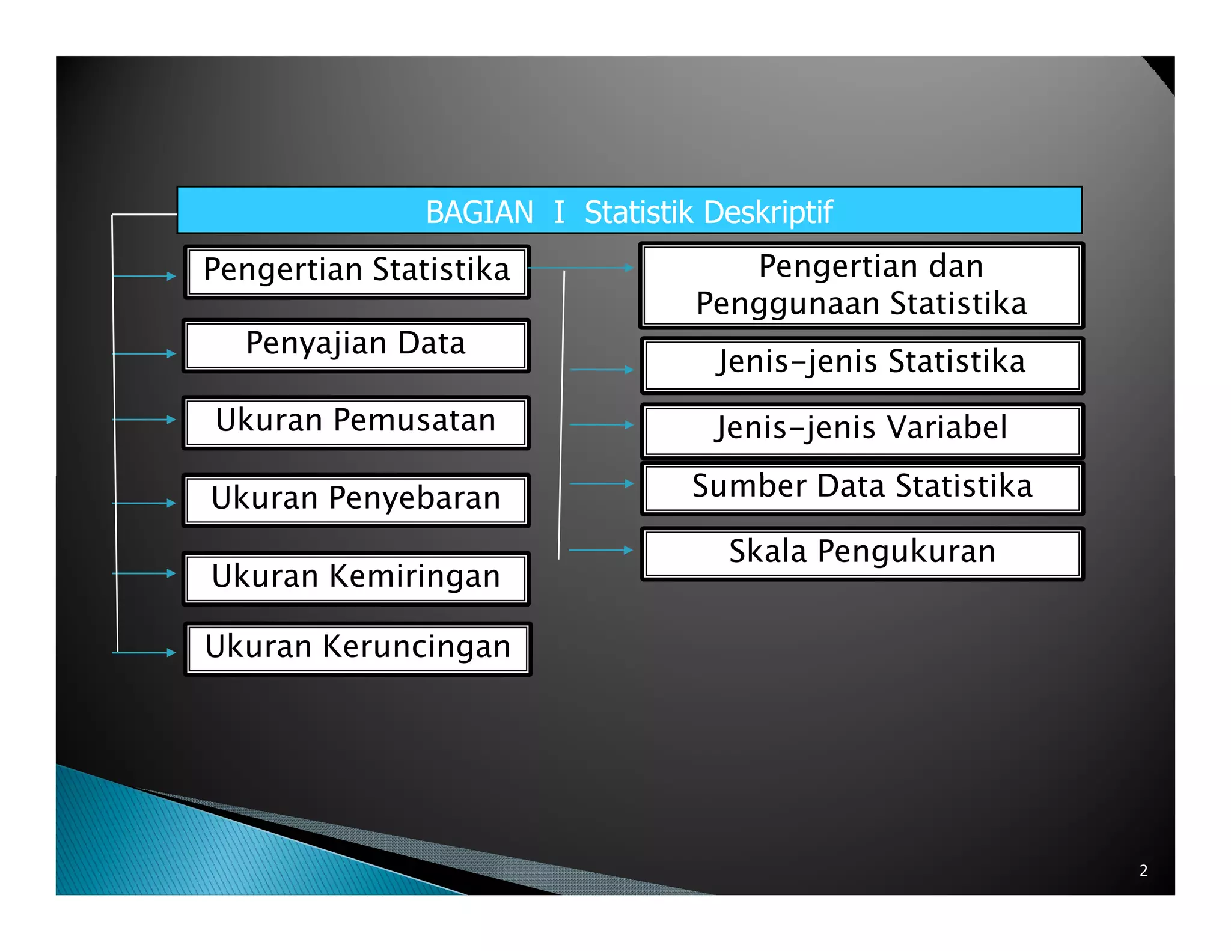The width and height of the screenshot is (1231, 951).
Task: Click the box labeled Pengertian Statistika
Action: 356,271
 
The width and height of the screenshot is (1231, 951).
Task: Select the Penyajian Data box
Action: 356,345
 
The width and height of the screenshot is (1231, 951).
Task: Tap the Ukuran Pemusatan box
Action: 356,422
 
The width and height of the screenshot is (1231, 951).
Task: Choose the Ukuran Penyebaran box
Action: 356,500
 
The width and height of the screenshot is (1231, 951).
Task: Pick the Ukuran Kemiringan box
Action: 356,578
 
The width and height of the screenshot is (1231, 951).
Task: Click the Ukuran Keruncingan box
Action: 358,648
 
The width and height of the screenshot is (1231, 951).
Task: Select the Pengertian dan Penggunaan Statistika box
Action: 861,285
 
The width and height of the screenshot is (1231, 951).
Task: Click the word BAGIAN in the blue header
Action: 479,212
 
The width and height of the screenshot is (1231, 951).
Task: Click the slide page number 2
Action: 1143,870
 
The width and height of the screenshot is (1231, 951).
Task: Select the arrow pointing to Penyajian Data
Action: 144,353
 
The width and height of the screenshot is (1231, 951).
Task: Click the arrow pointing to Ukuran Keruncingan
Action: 144,652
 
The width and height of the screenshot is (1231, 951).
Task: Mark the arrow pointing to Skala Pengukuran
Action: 600,550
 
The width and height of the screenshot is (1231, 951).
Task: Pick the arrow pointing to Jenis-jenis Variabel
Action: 601,424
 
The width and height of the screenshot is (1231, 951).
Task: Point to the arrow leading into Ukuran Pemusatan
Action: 144,419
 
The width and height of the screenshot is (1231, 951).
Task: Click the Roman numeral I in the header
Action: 559,212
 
